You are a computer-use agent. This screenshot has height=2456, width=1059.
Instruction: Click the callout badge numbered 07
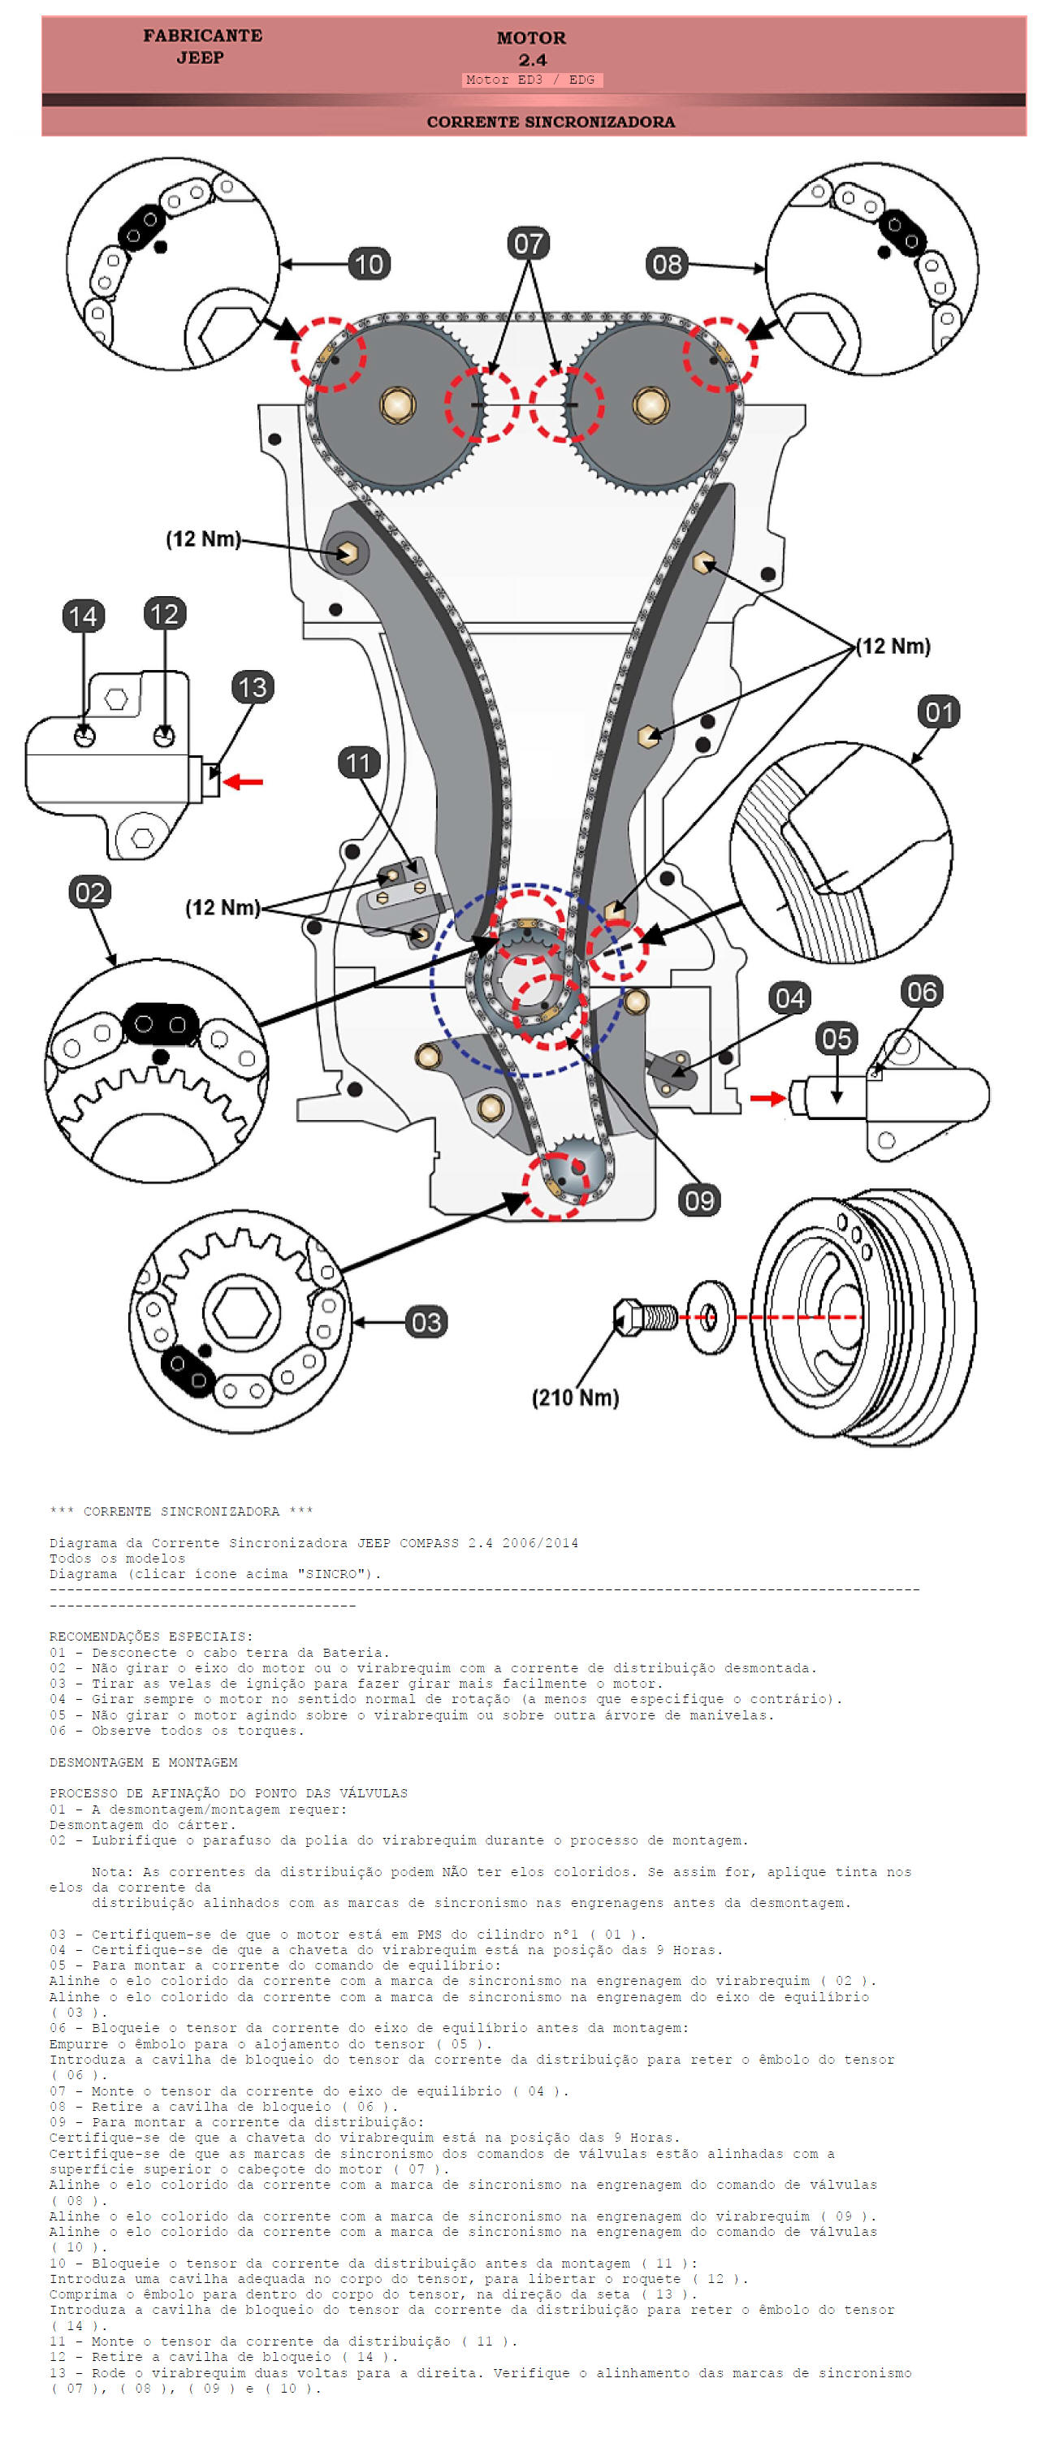click(x=528, y=244)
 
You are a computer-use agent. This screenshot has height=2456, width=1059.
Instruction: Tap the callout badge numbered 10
click(x=369, y=264)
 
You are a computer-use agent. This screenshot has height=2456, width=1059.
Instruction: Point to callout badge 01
click(x=939, y=711)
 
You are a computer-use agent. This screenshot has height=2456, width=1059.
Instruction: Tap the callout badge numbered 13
click(x=253, y=687)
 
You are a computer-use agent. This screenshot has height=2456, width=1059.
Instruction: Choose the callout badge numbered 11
click(x=358, y=763)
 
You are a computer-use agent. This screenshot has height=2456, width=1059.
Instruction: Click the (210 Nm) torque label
click(x=575, y=1398)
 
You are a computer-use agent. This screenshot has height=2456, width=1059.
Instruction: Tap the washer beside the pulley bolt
click(x=710, y=1317)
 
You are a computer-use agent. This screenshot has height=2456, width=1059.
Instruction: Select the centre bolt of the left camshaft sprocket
click(x=397, y=404)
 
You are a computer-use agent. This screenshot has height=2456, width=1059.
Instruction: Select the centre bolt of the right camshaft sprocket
click(x=650, y=404)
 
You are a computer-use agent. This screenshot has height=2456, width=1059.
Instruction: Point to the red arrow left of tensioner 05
click(x=767, y=1098)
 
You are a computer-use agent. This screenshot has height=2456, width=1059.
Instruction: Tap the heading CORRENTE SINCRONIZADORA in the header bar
click(x=550, y=122)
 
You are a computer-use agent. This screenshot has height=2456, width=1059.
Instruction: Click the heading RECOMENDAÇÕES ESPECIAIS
click(x=150, y=1637)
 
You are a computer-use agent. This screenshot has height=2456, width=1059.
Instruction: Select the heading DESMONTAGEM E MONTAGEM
click(x=143, y=1763)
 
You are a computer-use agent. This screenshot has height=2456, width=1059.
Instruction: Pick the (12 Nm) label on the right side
click(x=893, y=646)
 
